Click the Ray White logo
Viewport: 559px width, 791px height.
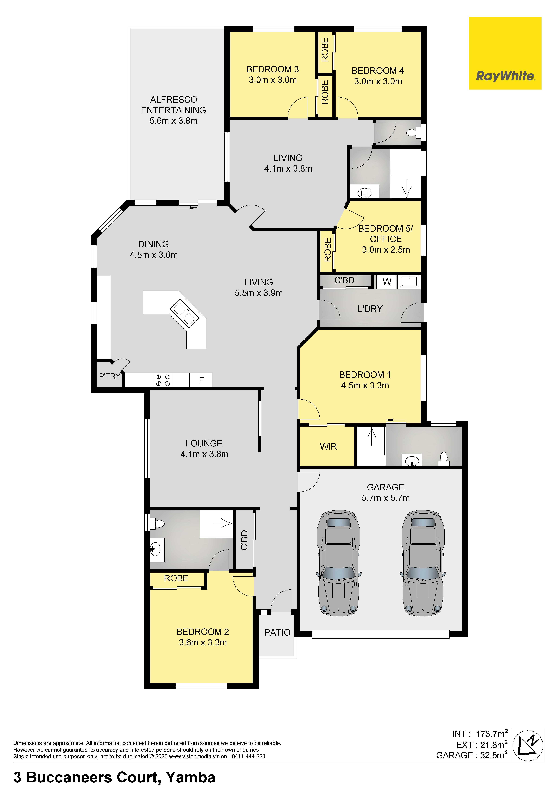(x=505, y=53)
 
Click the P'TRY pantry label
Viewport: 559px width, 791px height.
(x=110, y=376)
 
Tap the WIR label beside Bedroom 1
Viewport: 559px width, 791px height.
(x=328, y=446)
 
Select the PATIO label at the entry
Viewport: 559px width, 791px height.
(x=277, y=632)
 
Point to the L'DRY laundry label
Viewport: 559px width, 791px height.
(x=370, y=309)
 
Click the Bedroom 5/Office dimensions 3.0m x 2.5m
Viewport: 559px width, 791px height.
(x=386, y=249)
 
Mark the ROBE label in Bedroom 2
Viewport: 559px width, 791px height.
(x=176, y=578)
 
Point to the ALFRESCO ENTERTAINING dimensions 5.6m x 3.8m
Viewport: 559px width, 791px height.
(x=174, y=121)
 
